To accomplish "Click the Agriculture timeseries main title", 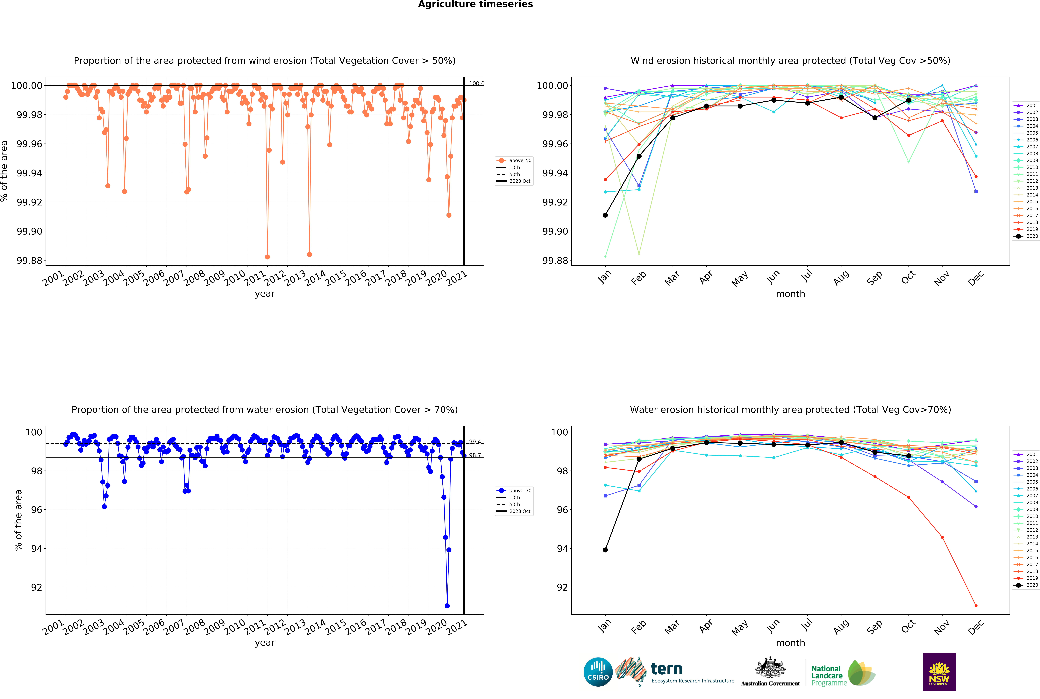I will [475, 4].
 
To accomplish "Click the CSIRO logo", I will [598, 672].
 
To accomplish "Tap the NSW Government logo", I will [939, 672].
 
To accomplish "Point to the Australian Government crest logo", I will [770, 671].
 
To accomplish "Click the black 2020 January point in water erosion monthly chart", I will [605, 550].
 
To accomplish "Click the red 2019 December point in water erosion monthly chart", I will [976, 606].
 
